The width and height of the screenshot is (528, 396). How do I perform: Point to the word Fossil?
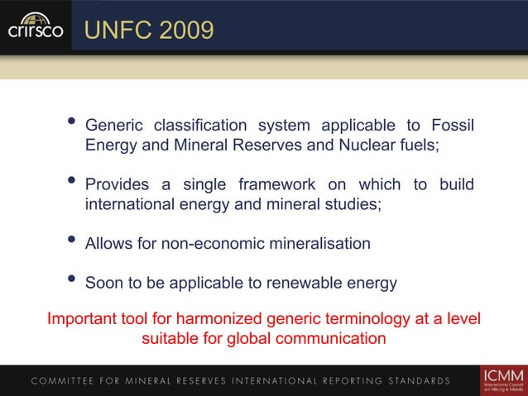coord(452,126)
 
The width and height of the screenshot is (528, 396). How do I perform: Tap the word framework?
coord(278,184)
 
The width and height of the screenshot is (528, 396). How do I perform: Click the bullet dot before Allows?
coord(72,241)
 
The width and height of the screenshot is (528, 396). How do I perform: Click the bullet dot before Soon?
coord(72,281)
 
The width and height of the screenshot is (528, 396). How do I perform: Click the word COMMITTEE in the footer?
coord(67,381)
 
